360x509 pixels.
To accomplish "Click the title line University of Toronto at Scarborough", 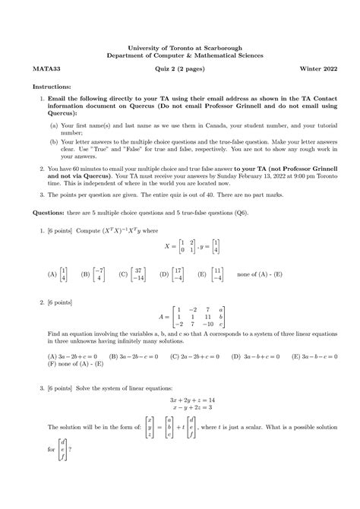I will (180, 46).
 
